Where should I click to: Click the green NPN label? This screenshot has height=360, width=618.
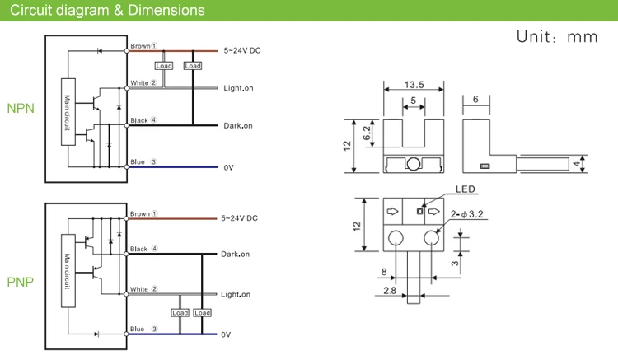click(x=21, y=108)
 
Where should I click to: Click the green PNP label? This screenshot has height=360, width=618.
click(x=21, y=282)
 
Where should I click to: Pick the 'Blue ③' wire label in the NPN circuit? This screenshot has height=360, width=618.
click(x=143, y=162)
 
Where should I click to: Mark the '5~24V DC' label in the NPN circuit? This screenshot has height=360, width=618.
click(x=242, y=50)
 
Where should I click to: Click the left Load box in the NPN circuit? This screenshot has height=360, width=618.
click(x=163, y=65)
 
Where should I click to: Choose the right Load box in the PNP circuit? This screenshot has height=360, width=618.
click(x=202, y=313)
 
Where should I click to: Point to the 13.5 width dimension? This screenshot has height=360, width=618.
click(x=414, y=83)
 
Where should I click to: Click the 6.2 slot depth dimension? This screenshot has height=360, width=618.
click(x=368, y=128)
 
